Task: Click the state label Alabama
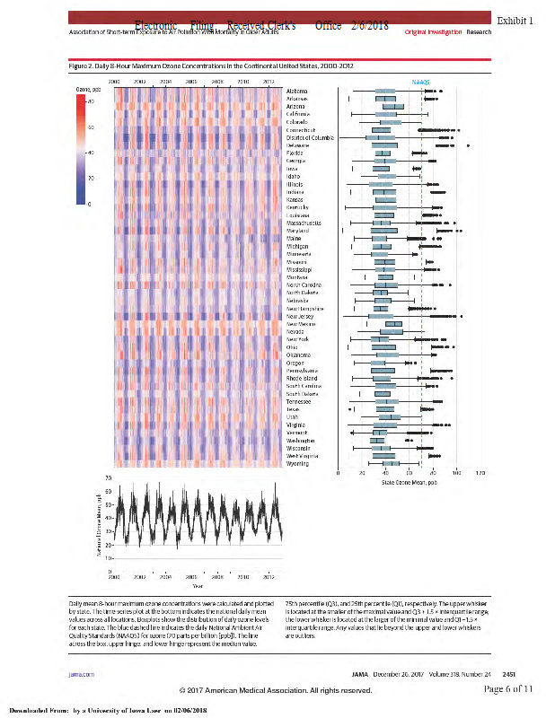pos(298,92)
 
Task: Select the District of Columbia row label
pos(310,137)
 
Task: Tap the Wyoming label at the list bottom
pos(297,464)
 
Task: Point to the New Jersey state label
pos(301,317)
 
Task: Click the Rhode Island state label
pos(302,378)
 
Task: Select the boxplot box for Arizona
pos(393,107)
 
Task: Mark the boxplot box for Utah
pos(389,416)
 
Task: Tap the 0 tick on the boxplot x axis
pos(337,471)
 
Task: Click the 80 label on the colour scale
pos(90,101)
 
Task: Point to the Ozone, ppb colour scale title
pos(87,90)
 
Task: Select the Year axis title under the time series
pos(197,585)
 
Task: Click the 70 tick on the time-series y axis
pos(107,477)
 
